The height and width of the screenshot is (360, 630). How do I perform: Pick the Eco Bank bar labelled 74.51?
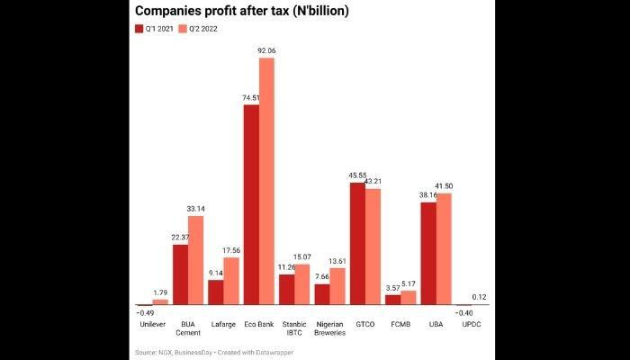coord(251,205)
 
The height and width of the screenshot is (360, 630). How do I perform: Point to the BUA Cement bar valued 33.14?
coord(196,261)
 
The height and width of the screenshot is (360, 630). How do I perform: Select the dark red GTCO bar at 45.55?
coord(357,244)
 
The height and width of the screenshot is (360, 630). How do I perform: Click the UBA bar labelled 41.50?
coord(444,249)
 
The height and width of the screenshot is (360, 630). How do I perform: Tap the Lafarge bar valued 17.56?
coord(231,282)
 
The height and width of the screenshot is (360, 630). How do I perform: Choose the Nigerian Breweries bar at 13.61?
coord(337,287)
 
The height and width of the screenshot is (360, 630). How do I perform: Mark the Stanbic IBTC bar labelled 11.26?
coord(287,290)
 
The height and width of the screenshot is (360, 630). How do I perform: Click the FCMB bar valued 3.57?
coord(392,301)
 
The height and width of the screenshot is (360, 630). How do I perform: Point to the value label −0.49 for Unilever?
coord(144,312)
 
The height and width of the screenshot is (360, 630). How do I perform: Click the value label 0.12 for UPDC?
coord(479,297)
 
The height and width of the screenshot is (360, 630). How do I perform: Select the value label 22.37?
coord(180,238)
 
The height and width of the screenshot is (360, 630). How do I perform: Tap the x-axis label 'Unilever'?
coord(152,322)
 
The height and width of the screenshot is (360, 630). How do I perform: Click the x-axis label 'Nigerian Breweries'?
coord(329,327)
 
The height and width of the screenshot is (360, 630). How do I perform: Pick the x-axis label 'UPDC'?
coord(471,322)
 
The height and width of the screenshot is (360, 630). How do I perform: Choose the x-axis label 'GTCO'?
coord(364,322)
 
